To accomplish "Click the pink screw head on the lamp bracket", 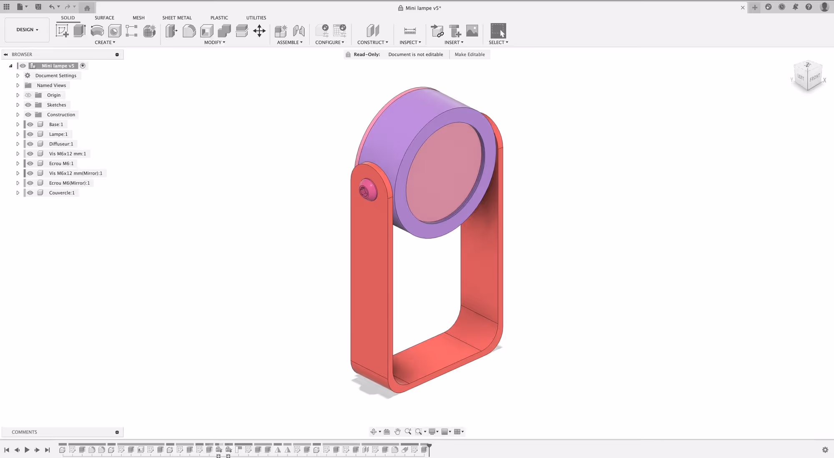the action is (x=367, y=190).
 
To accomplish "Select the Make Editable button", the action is (x=470, y=55).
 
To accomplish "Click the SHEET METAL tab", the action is (x=177, y=18).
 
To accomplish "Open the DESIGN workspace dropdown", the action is (x=27, y=30).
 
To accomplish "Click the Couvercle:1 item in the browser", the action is (x=62, y=193).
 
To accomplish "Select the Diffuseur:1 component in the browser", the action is (x=61, y=144).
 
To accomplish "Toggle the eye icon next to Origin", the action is (x=28, y=95).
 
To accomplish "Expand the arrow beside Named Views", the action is (x=18, y=85).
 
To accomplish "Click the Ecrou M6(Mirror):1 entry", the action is (x=69, y=183).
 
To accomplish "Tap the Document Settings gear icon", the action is (x=28, y=76).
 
